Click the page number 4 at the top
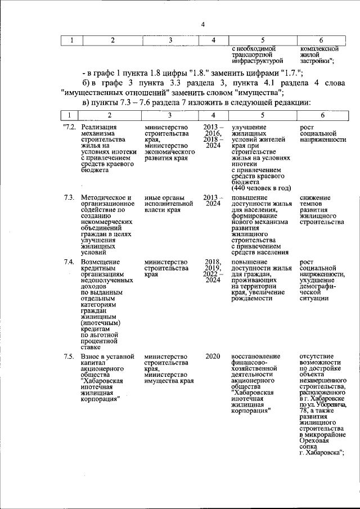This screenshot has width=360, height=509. pos(203,24)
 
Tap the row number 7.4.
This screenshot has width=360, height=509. pos(69,262)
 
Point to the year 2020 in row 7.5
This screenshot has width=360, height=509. pos(213,357)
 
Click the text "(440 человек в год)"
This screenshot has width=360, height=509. pos(260,188)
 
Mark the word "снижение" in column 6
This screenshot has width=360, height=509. pos(315,198)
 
